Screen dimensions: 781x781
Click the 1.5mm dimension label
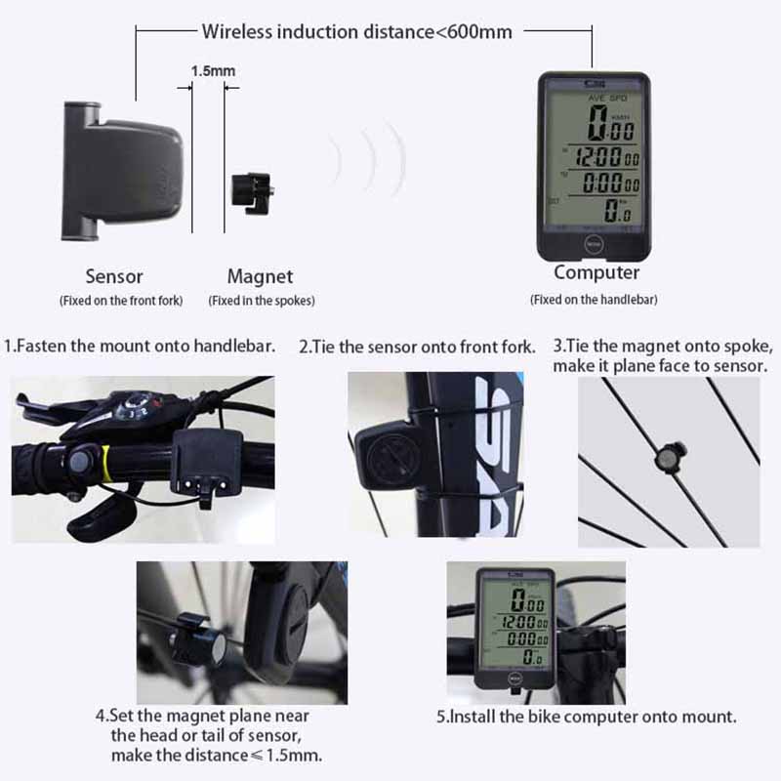click(212, 71)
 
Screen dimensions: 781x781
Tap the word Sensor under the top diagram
click(114, 276)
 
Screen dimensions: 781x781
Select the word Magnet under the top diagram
click(260, 276)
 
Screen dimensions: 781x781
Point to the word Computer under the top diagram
click(596, 272)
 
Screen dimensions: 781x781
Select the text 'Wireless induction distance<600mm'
click(356, 31)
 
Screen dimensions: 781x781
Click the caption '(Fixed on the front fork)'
click(121, 301)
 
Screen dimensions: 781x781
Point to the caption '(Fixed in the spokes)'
click(262, 301)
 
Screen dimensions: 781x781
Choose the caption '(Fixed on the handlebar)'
click(594, 300)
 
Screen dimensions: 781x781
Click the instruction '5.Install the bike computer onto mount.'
click(586, 717)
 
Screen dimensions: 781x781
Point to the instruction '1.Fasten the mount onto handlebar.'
click(140, 346)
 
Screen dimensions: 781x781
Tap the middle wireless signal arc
click(369, 158)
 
